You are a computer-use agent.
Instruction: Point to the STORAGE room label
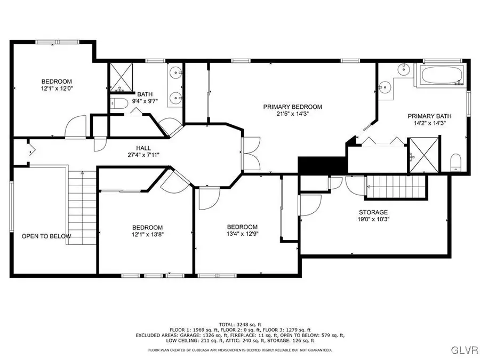[x=373, y=212]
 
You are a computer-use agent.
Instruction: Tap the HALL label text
[x=143, y=148]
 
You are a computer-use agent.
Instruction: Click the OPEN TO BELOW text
[x=46, y=236]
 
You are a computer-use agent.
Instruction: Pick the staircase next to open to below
[x=82, y=208]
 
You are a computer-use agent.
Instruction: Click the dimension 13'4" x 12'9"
[x=242, y=234]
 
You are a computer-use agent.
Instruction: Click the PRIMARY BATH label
[x=429, y=116]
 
